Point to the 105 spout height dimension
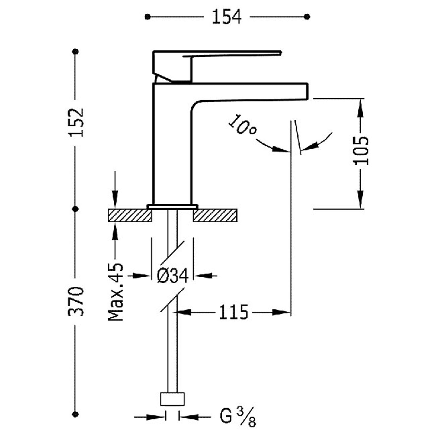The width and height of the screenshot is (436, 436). click(x=361, y=151)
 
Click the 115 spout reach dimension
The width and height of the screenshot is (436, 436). click(x=233, y=312)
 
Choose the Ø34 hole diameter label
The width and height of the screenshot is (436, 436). click(x=173, y=275)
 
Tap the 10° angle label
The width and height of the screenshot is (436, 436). click(x=242, y=125)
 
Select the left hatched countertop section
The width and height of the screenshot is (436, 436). click(x=129, y=215)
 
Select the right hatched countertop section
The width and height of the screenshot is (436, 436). click(x=215, y=215)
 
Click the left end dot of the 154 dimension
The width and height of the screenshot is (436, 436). click(x=147, y=17)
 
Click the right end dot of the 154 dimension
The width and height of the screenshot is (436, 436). click(x=307, y=17)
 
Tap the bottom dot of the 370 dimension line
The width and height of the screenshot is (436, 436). click(x=76, y=414)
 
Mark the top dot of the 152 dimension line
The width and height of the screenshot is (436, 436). click(x=76, y=52)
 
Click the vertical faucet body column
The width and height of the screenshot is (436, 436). click(x=172, y=145)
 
